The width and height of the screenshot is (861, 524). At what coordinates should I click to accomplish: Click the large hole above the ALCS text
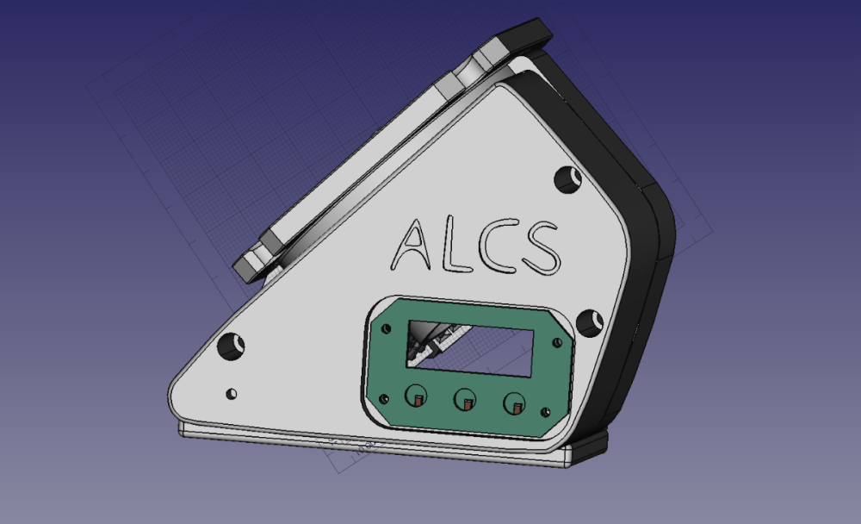tap(567, 180)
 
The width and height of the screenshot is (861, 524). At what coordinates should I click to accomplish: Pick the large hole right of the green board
tap(590, 323)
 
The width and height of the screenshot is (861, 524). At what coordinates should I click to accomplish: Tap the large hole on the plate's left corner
tap(231, 346)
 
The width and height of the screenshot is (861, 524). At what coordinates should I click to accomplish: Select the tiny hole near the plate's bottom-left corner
tap(232, 394)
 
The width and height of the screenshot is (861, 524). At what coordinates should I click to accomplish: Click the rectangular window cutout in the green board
tap(470, 348)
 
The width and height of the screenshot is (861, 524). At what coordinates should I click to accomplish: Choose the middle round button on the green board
tap(465, 399)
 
